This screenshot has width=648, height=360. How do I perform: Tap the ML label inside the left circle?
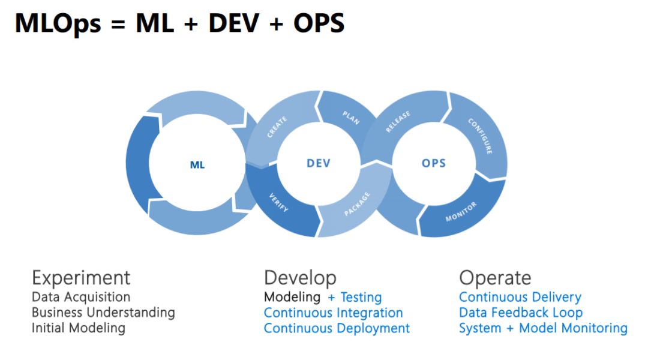197,165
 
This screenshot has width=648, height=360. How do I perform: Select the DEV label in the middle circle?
319,163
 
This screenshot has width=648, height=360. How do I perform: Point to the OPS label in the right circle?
434,163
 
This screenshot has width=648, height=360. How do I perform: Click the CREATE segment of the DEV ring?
277,127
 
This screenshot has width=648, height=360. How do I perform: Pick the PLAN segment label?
350,117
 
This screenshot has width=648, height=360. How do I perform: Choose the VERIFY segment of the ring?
278,202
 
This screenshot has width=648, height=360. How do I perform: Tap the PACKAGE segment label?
358,205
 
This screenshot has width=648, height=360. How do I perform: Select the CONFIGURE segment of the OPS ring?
481,135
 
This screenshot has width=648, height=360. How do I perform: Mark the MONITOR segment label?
461,212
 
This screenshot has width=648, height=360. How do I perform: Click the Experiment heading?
81,278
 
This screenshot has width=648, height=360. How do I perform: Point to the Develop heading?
300,278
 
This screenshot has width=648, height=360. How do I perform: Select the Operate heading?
495,278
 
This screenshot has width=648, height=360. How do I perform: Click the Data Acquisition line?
81,297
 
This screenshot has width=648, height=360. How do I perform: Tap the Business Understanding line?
103,313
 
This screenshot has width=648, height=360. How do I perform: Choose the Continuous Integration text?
333,313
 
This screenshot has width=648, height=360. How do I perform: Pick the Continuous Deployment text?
337,328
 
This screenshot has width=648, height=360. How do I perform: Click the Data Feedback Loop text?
520,313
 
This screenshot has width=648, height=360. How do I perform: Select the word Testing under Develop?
361,297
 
